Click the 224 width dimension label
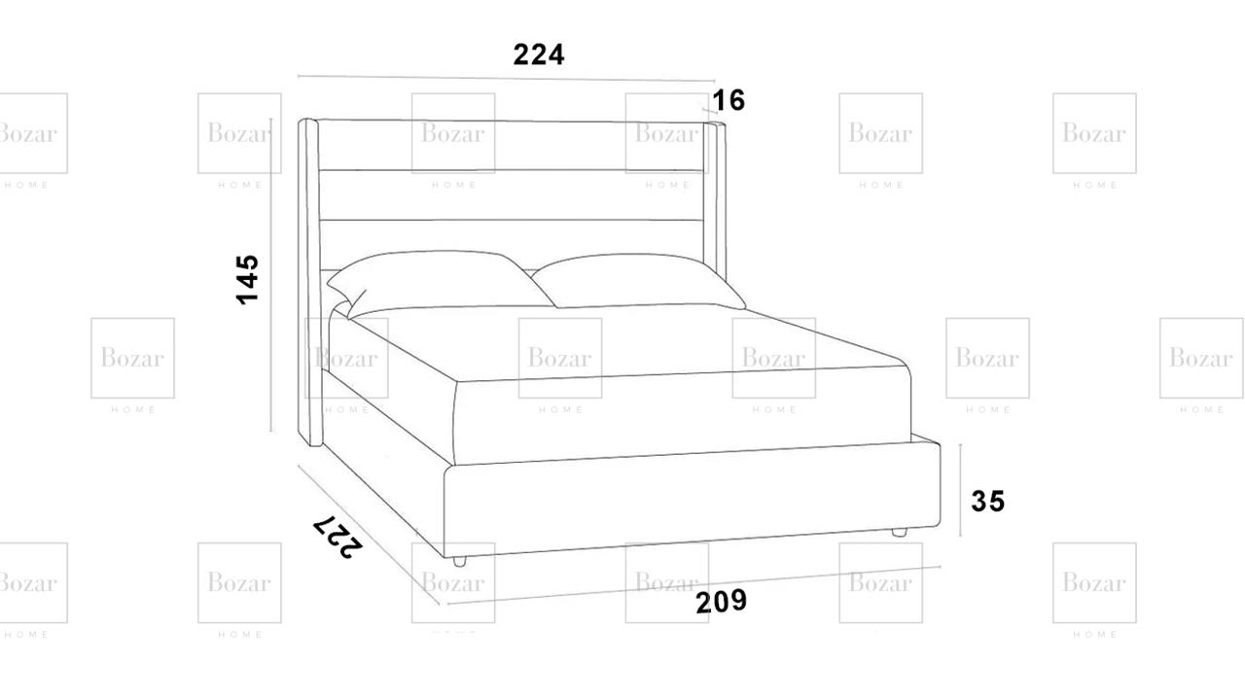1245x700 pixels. pos(539,54)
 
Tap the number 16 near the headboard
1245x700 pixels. pos(729,100)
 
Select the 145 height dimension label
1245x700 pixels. pos(248,279)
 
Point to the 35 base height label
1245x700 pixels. pos(987,501)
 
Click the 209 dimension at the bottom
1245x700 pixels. pos(722,602)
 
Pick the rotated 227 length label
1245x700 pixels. pos(338,536)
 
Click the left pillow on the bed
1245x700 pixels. pos(439,284)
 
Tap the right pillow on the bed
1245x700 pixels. pos(639,281)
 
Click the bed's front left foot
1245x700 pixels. pos(459,562)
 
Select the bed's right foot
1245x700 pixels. pos(899,532)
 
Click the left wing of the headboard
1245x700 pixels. pos(310,282)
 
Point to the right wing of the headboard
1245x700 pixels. pos(715,201)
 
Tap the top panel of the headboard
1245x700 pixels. pos(511,145)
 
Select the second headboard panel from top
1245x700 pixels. pos(512,195)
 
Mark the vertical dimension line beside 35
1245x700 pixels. pos(960,491)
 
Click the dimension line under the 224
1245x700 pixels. pos(507,79)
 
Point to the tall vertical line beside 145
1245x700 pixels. pos(271,274)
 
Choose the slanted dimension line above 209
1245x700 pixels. pos(694,585)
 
